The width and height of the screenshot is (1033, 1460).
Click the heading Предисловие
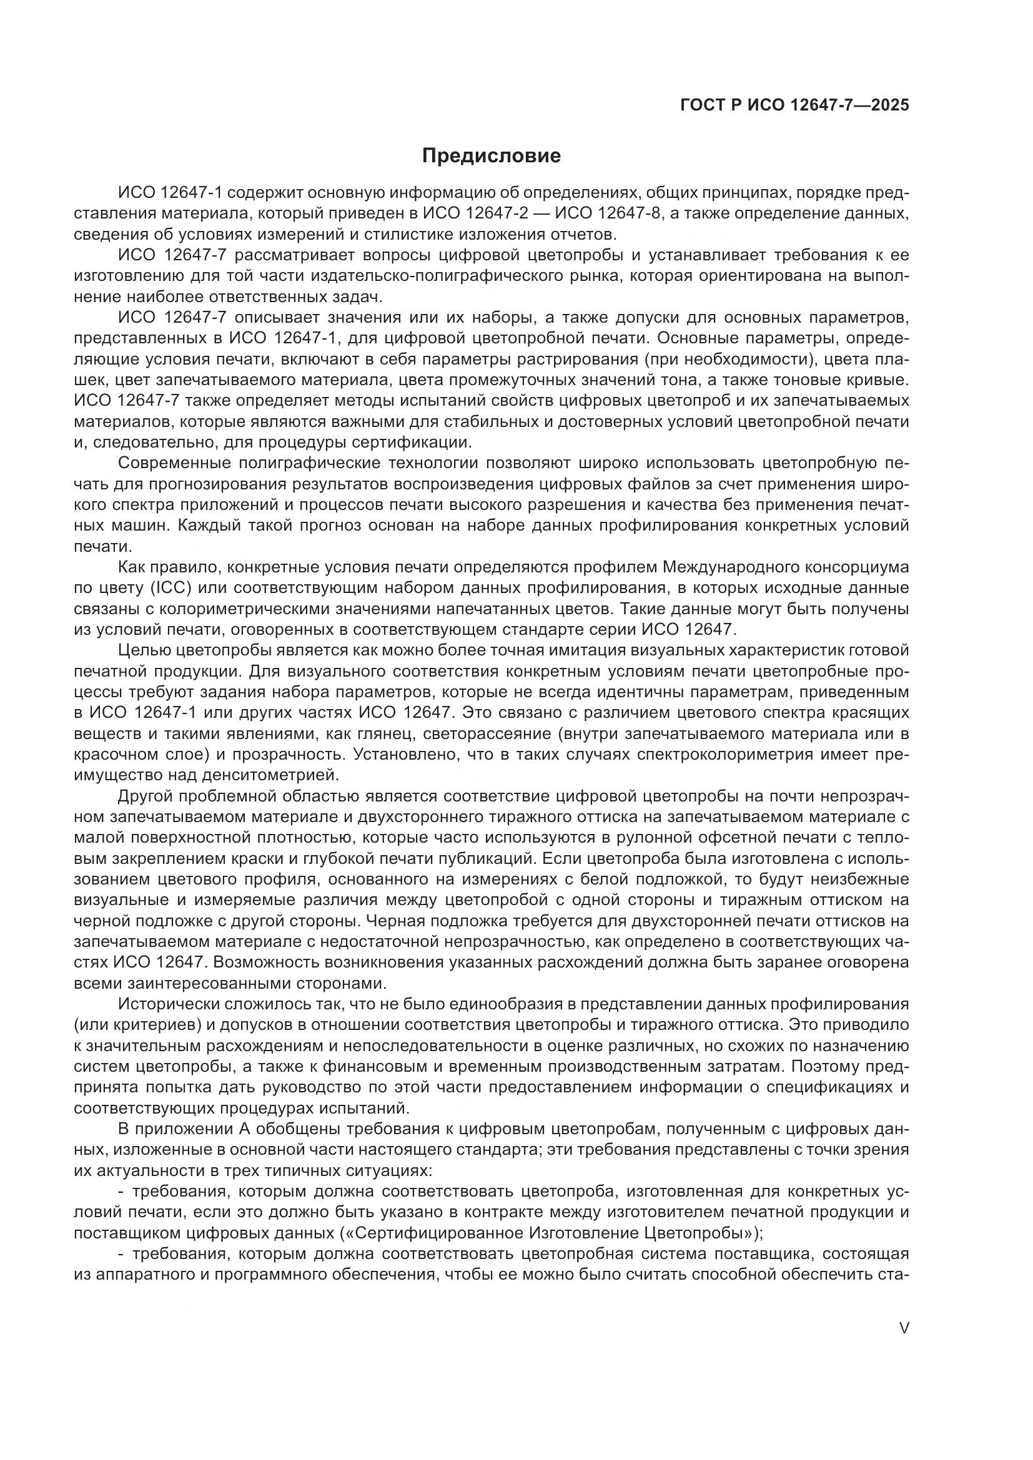point(491,156)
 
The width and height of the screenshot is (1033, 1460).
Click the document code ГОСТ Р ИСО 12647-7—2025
point(794,105)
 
